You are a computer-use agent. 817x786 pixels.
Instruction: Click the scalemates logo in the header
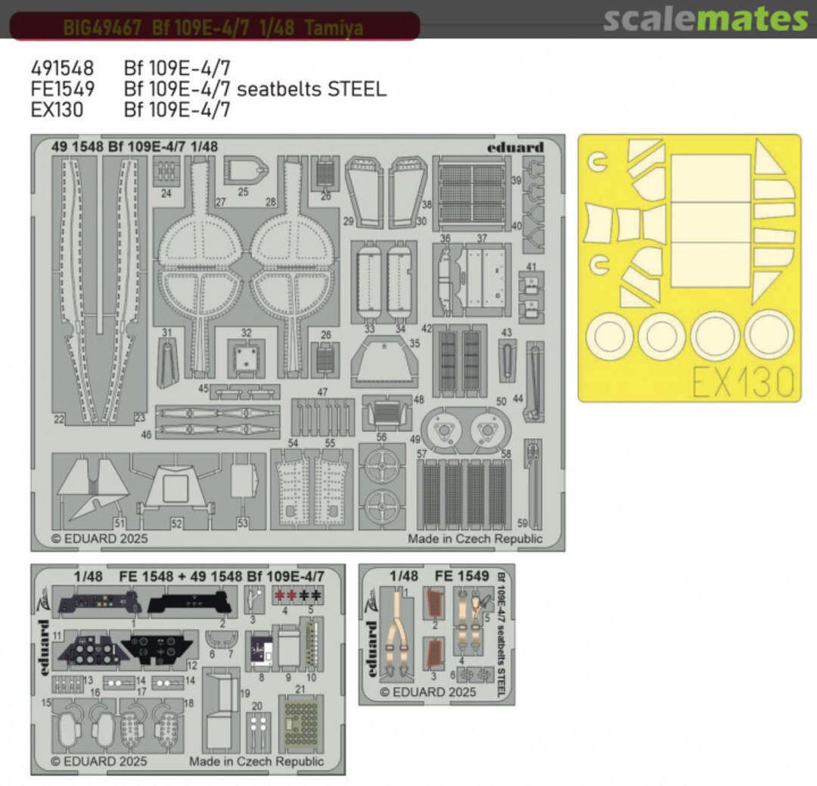(705, 20)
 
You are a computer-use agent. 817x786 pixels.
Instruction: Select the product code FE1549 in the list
(63, 89)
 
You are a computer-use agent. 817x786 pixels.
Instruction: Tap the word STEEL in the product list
(358, 89)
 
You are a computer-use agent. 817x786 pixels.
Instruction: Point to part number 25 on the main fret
(243, 192)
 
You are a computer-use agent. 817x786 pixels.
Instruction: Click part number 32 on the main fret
(246, 332)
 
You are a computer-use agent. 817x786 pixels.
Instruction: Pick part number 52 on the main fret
(176, 523)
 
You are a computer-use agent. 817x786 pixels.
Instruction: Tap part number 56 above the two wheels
(381, 437)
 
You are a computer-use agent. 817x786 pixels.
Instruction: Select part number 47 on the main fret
(322, 391)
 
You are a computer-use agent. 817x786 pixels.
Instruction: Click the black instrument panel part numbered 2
(189, 604)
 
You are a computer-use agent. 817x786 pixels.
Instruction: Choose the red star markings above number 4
(285, 594)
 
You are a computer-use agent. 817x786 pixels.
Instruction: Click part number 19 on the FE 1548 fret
(244, 694)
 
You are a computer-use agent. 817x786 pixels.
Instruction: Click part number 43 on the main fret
(506, 332)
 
